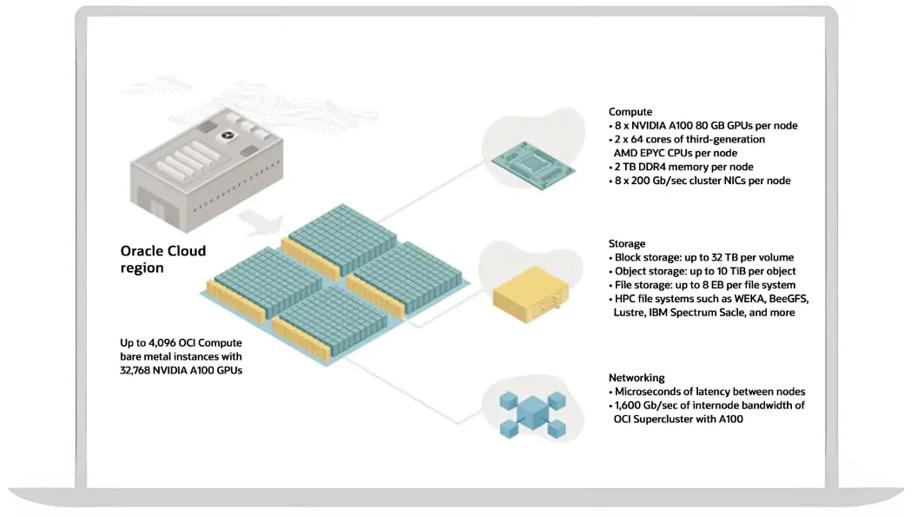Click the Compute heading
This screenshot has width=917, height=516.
tap(630, 112)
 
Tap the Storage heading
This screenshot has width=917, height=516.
tap(627, 244)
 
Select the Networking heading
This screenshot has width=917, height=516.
tap(637, 378)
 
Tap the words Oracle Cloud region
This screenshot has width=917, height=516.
tap(162, 259)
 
